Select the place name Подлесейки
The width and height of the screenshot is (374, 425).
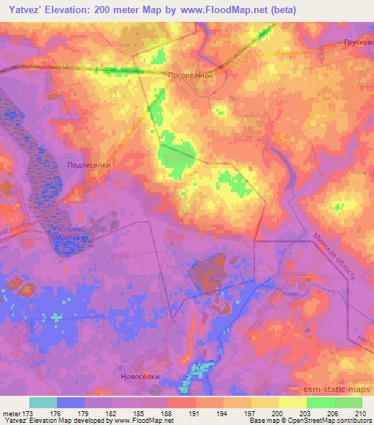[88, 166]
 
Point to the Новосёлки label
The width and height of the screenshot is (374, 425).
[138, 378]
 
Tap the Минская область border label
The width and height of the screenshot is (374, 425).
[333, 256]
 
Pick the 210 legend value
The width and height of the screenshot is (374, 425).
[360, 413]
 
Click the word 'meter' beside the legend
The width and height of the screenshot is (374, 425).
[12, 413]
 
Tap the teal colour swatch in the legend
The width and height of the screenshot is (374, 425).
[43, 402]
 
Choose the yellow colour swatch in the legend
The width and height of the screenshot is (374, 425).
[293, 402]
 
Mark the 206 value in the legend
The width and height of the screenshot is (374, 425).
[333, 413]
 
